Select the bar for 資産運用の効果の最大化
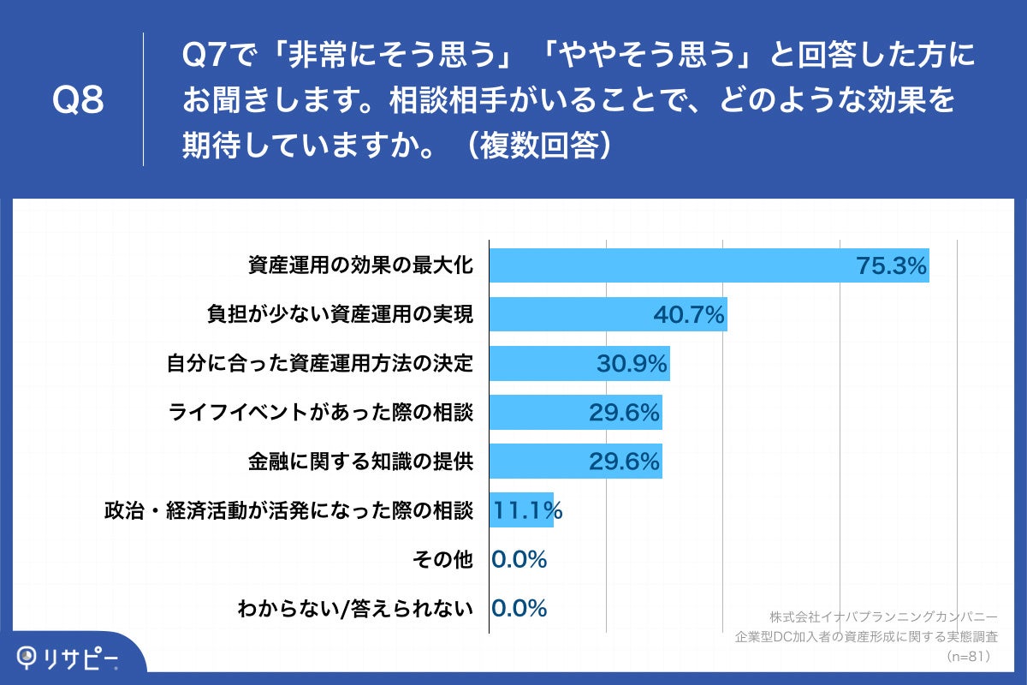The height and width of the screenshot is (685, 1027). (x=668, y=265)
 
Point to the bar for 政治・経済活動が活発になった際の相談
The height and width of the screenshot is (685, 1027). (x=521, y=510)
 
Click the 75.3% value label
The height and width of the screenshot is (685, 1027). (x=892, y=266)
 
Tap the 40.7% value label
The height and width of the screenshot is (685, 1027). (x=689, y=315)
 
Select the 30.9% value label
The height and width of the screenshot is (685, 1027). (x=632, y=365)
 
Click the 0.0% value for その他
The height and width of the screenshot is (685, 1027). (x=519, y=560)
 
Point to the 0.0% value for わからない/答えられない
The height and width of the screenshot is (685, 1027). (x=519, y=609)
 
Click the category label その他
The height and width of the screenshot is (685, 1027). (x=442, y=560)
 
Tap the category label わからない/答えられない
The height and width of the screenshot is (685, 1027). (x=355, y=609)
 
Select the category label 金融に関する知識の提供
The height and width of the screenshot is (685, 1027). (x=360, y=462)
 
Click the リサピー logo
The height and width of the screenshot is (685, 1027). (x=68, y=658)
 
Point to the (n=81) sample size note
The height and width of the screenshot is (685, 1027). (x=968, y=656)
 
